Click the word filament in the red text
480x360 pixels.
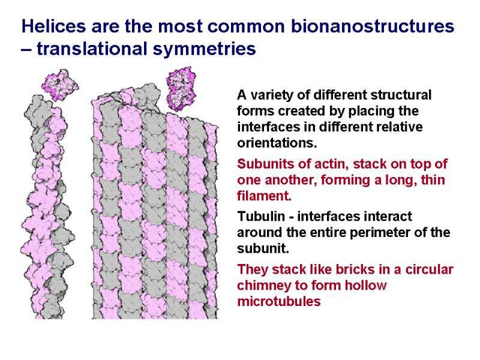point(265,196)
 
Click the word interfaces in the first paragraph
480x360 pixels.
point(268,128)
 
